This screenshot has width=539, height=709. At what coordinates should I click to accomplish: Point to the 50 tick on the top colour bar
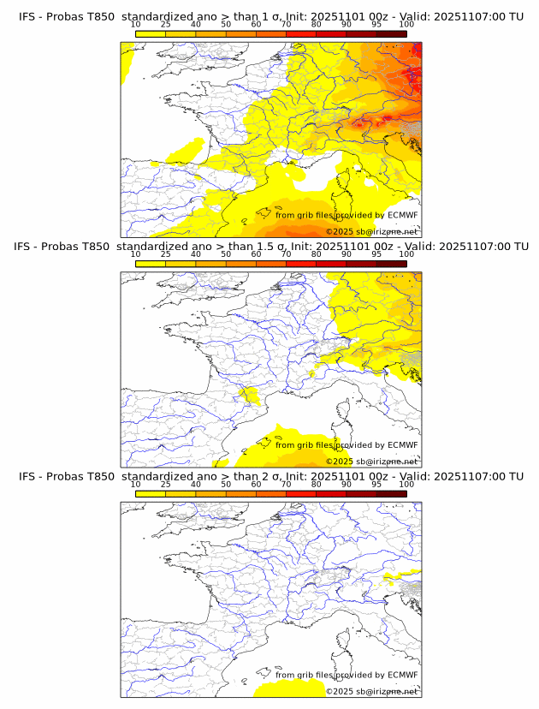click(226, 25)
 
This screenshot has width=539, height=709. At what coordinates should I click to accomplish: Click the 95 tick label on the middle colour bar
click(376, 254)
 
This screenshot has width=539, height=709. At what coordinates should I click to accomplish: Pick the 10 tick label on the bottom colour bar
click(136, 484)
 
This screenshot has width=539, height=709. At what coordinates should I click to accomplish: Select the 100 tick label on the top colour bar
click(406, 25)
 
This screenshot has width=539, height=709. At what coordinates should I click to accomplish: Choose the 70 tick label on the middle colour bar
click(286, 254)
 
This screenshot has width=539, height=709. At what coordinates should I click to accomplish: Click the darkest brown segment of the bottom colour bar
click(391, 493)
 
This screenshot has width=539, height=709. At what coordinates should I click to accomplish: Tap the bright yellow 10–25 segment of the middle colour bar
click(151, 264)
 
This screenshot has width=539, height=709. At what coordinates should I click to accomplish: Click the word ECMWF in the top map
click(403, 215)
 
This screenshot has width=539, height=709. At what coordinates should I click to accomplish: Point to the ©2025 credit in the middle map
click(338, 462)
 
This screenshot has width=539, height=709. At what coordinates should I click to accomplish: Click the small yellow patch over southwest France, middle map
click(250, 395)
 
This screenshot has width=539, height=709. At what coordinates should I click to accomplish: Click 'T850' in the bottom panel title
click(97, 476)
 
